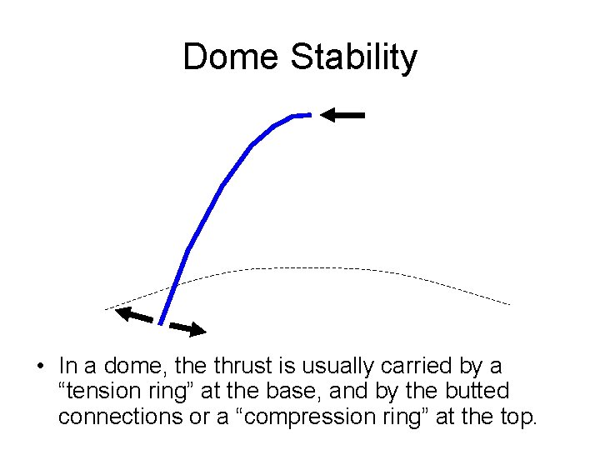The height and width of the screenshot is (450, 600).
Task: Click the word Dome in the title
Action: tap(231, 57)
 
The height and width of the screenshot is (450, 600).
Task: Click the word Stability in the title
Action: tap(353, 57)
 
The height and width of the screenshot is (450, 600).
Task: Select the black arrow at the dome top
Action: tap(343, 116)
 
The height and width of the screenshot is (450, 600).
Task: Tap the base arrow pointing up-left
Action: tap(134, 315)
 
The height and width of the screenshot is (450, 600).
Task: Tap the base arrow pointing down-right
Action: tap(187, 328)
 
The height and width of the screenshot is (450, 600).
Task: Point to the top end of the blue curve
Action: tap(308, 114)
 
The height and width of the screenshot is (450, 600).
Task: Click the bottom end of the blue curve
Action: tap(160, 323)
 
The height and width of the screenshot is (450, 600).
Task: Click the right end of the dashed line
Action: tap(508, 304)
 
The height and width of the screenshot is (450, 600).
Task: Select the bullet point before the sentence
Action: tap(39, 367)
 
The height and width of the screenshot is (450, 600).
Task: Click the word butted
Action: tap(477, 391)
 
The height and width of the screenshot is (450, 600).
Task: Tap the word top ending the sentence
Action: tap(514, 416)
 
